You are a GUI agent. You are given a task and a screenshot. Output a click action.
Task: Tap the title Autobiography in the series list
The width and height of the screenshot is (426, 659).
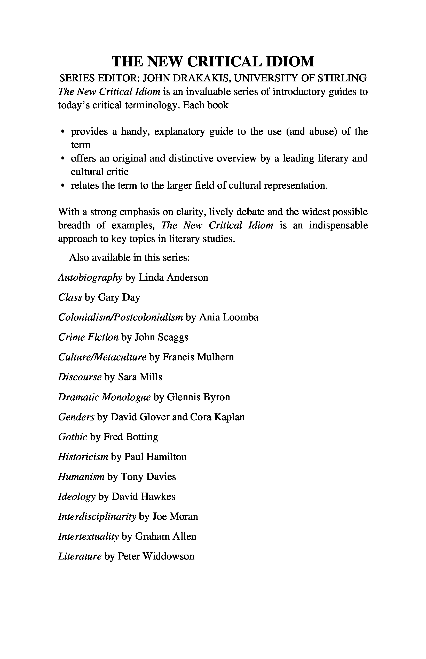click(90, 278)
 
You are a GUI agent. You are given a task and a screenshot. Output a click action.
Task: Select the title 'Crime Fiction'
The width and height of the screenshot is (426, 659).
click(88, 337)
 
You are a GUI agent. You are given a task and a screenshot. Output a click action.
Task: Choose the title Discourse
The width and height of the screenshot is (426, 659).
click(80, 377)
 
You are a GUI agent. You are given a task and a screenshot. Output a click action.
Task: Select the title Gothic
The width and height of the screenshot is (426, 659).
click(73, 437)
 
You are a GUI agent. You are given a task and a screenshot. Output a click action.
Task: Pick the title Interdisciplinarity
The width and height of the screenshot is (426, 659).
click(97, 517)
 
